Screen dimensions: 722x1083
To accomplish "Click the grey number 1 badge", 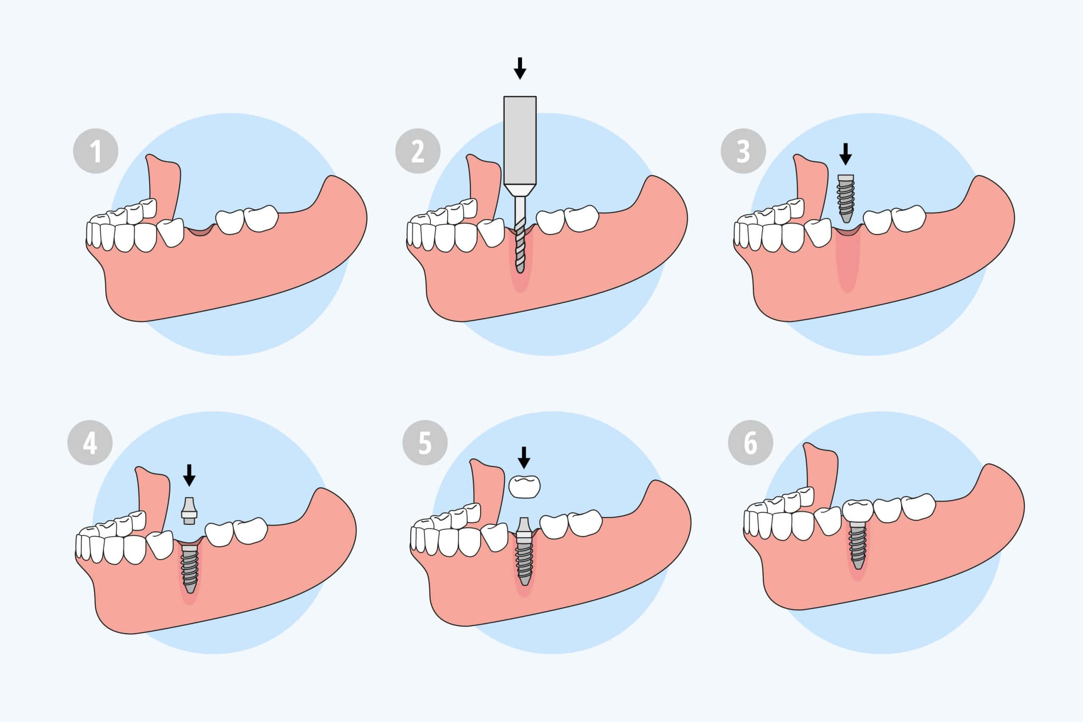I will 96,151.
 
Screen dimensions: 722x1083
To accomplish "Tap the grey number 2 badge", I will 418,151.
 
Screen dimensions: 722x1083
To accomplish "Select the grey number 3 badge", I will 743,151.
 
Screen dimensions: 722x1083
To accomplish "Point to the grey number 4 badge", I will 90,442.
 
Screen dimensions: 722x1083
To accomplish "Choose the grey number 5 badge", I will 425,442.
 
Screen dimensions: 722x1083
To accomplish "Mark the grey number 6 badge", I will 750,442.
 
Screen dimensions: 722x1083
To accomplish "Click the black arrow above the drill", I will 520,69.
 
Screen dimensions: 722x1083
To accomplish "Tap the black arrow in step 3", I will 845,154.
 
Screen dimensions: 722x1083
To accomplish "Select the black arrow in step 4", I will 189,475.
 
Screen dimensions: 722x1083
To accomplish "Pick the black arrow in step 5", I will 524,457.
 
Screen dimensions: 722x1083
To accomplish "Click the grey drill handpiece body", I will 520,140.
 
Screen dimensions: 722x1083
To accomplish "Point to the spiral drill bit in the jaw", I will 520,246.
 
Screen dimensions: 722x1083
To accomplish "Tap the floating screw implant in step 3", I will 845,198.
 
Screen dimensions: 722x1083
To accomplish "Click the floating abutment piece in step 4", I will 189,511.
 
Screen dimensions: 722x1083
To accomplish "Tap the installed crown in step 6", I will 858,510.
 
